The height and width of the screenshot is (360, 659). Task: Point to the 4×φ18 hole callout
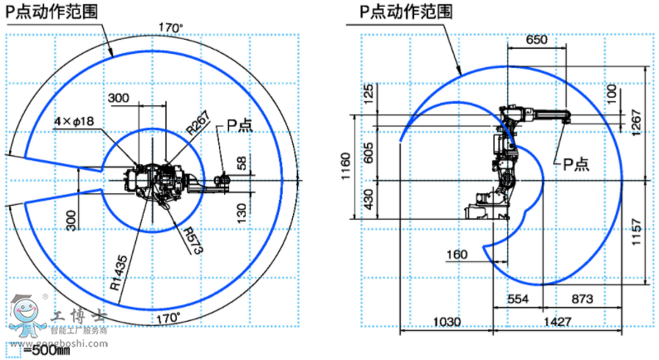tap(76, 121)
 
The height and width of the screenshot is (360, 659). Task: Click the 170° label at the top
tap(170, 27)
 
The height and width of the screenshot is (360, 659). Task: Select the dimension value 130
tap(242, 209)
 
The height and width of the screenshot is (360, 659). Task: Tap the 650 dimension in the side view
tap(537, 40)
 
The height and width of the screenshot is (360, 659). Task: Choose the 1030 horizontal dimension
tap(445, 321)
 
